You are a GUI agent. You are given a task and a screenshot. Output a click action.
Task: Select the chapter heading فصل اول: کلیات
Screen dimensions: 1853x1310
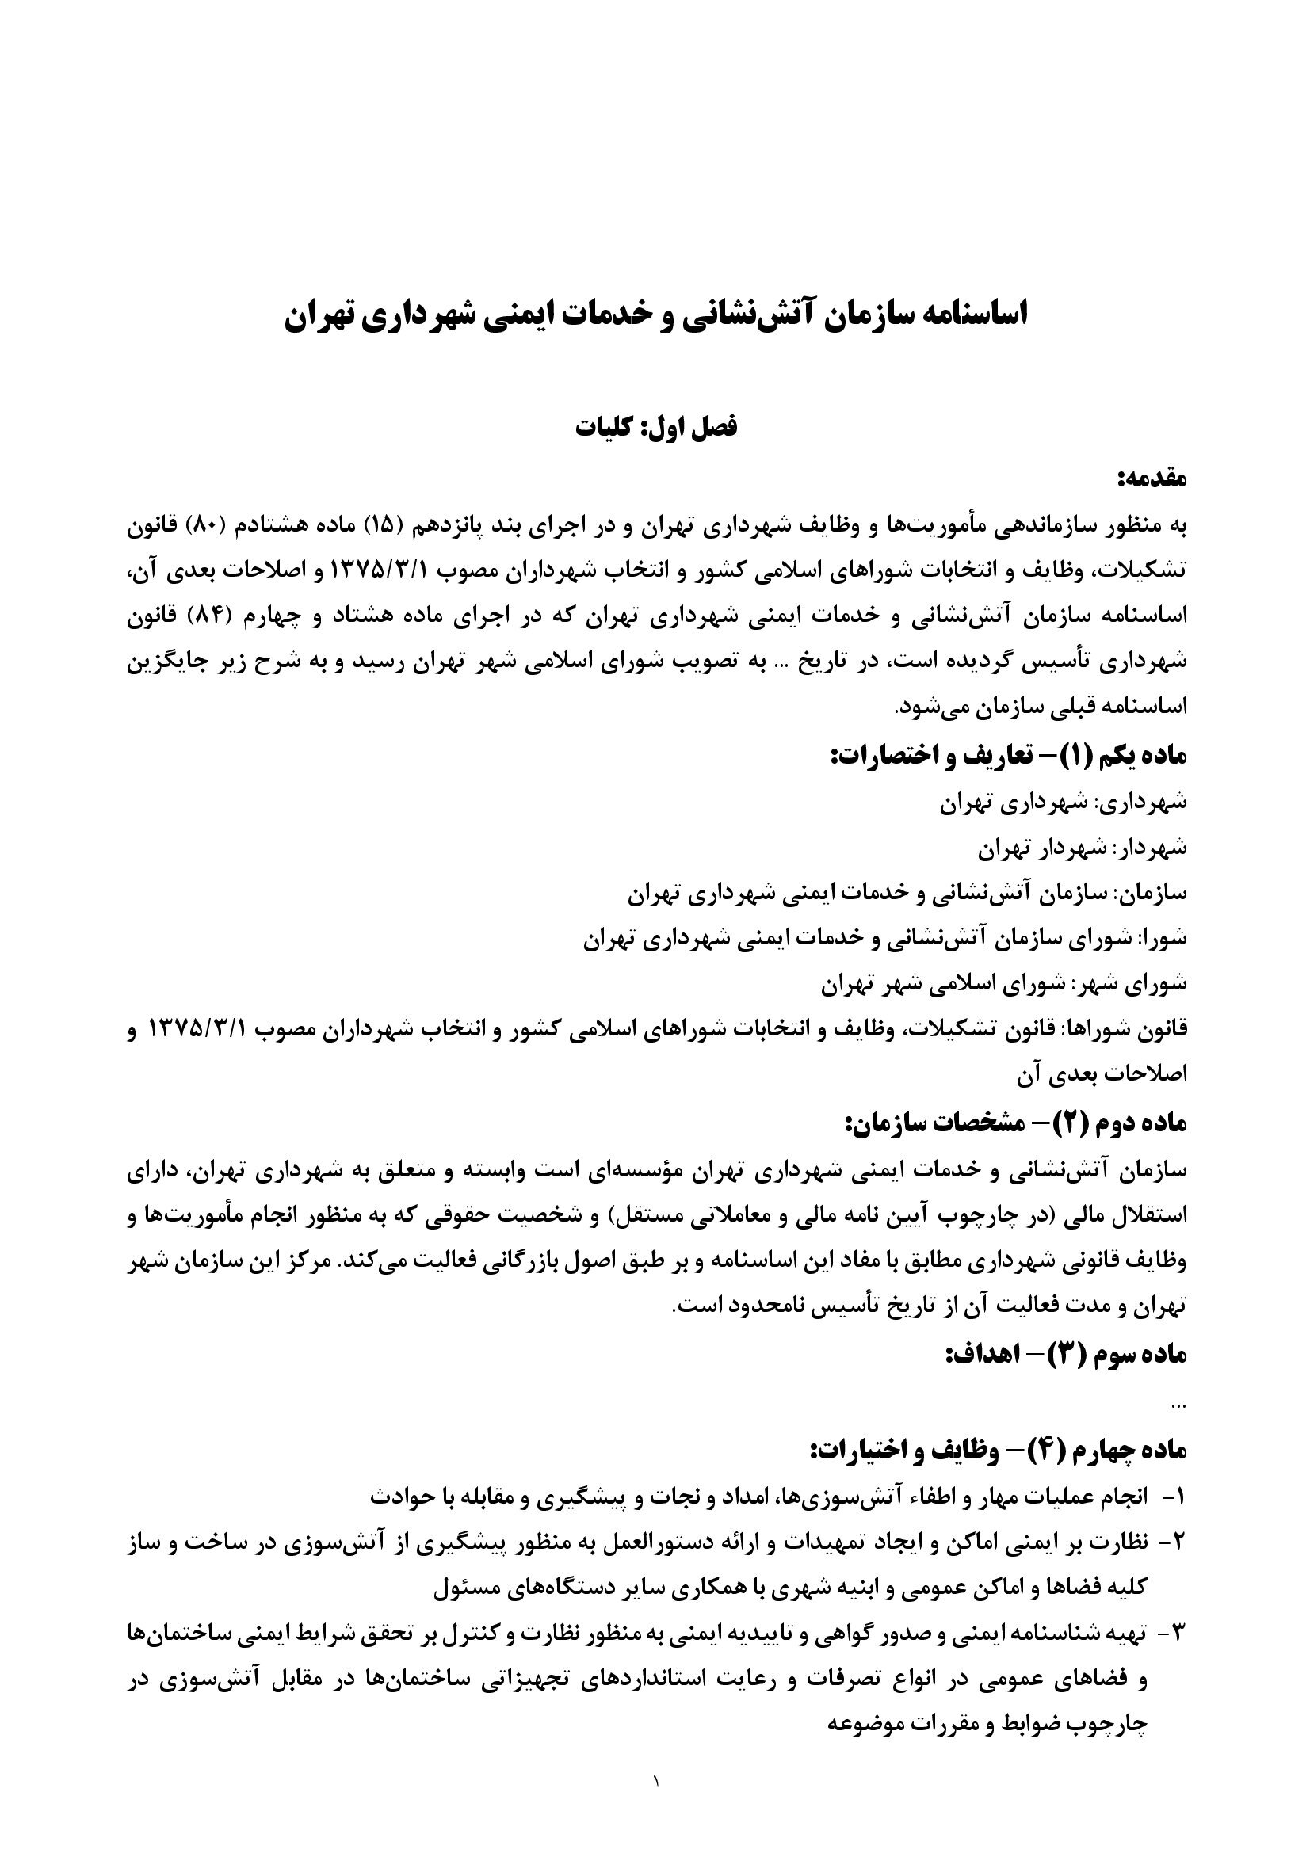coord(655,427)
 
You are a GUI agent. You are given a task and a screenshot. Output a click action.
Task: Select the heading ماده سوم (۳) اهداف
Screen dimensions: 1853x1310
coord(1064,1352)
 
